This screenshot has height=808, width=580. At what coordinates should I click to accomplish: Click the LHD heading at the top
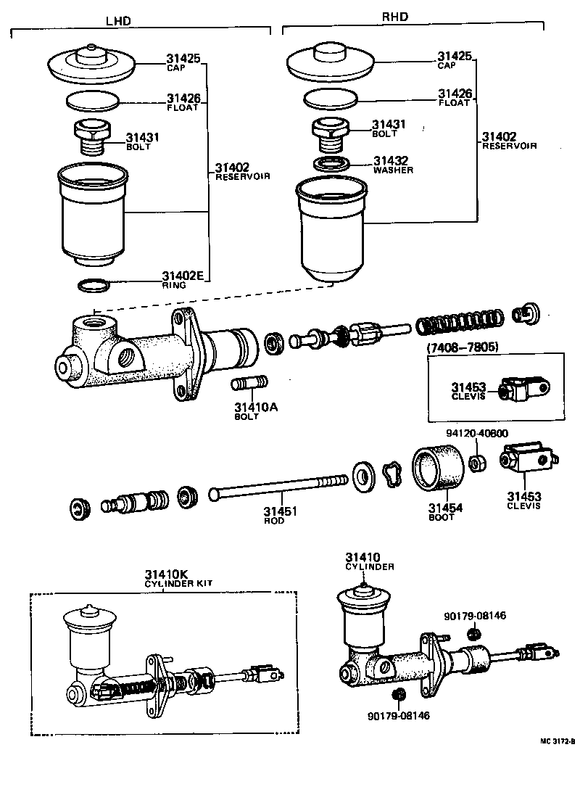[118, 21]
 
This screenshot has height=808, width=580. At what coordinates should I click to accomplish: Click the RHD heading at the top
[394, 16]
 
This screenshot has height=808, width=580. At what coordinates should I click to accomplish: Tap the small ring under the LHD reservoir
[94, 286]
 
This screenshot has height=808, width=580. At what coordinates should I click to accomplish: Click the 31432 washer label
[391, 161]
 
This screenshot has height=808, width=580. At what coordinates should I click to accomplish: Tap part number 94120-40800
[476, 434]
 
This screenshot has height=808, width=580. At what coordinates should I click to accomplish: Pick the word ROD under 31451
[275, 521]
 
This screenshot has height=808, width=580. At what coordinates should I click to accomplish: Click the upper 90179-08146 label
[475, 616]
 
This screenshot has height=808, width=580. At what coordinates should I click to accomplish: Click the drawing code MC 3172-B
[557, 741]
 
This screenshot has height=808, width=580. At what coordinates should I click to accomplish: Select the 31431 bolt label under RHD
[388, 125]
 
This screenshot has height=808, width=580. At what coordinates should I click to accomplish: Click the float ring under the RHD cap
[331, 97]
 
